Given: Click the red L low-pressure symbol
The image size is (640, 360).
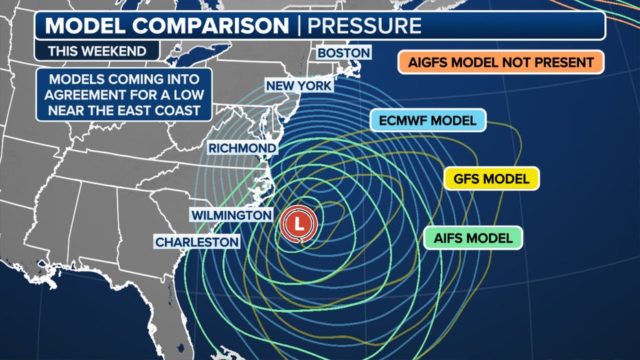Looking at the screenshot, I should [298, 223].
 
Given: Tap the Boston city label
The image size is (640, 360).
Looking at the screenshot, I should [343, 53].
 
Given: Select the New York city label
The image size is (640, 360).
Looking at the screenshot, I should [299, 86].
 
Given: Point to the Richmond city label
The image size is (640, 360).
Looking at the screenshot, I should [242, 148].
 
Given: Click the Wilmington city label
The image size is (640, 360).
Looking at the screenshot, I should [231, 215].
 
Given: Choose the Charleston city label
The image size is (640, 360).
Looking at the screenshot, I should [197, 242].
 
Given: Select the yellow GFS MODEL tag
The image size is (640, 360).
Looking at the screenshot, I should [491, 179].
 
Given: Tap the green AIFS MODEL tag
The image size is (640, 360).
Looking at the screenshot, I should [473, 238].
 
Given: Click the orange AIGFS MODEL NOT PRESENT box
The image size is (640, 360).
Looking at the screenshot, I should [500, 63].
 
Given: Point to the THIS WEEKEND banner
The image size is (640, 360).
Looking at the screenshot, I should [97, 50].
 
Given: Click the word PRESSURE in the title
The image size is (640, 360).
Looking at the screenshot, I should [363, 26].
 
